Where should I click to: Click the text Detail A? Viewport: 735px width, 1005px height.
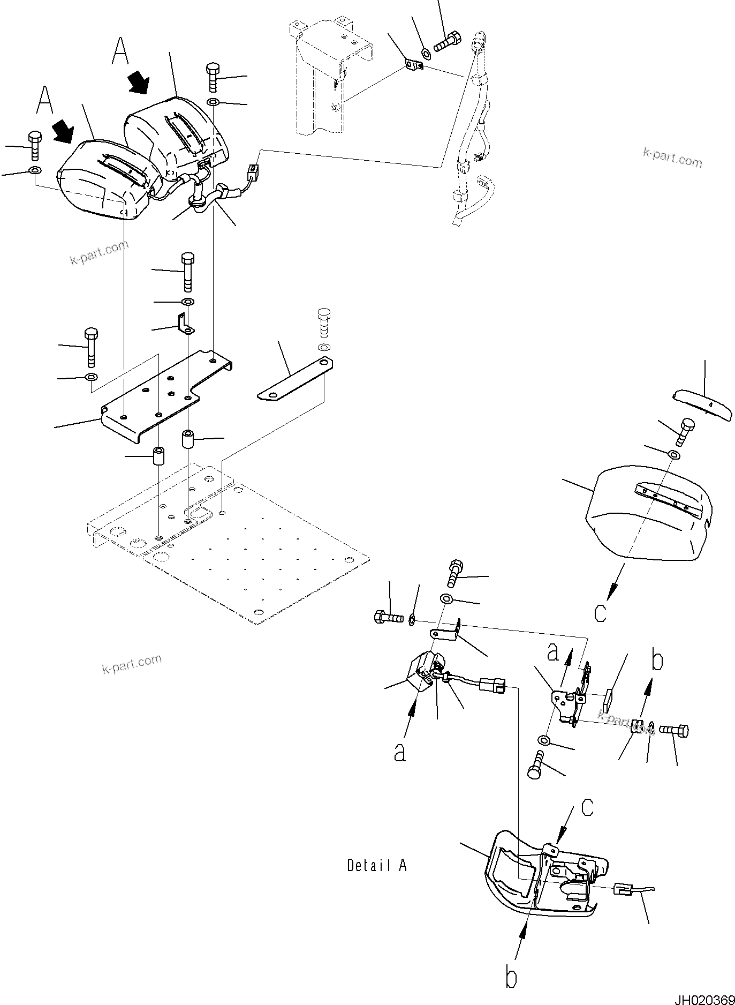click(377, 865)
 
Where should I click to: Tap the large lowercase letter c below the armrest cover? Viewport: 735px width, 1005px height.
click(601, 612)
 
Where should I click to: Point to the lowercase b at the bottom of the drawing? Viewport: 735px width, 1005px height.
click(511, 978)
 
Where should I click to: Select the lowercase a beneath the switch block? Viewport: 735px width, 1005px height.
click(399, 753)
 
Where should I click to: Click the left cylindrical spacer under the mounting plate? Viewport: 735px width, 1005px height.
click(158, 456)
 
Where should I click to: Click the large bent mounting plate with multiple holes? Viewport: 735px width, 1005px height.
click(161, 396)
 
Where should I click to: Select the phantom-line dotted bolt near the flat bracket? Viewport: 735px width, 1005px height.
click(323, 321)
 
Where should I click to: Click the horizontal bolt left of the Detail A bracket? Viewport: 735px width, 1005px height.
click(388, 618)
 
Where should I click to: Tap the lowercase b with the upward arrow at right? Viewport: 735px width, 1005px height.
click(657, 661)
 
